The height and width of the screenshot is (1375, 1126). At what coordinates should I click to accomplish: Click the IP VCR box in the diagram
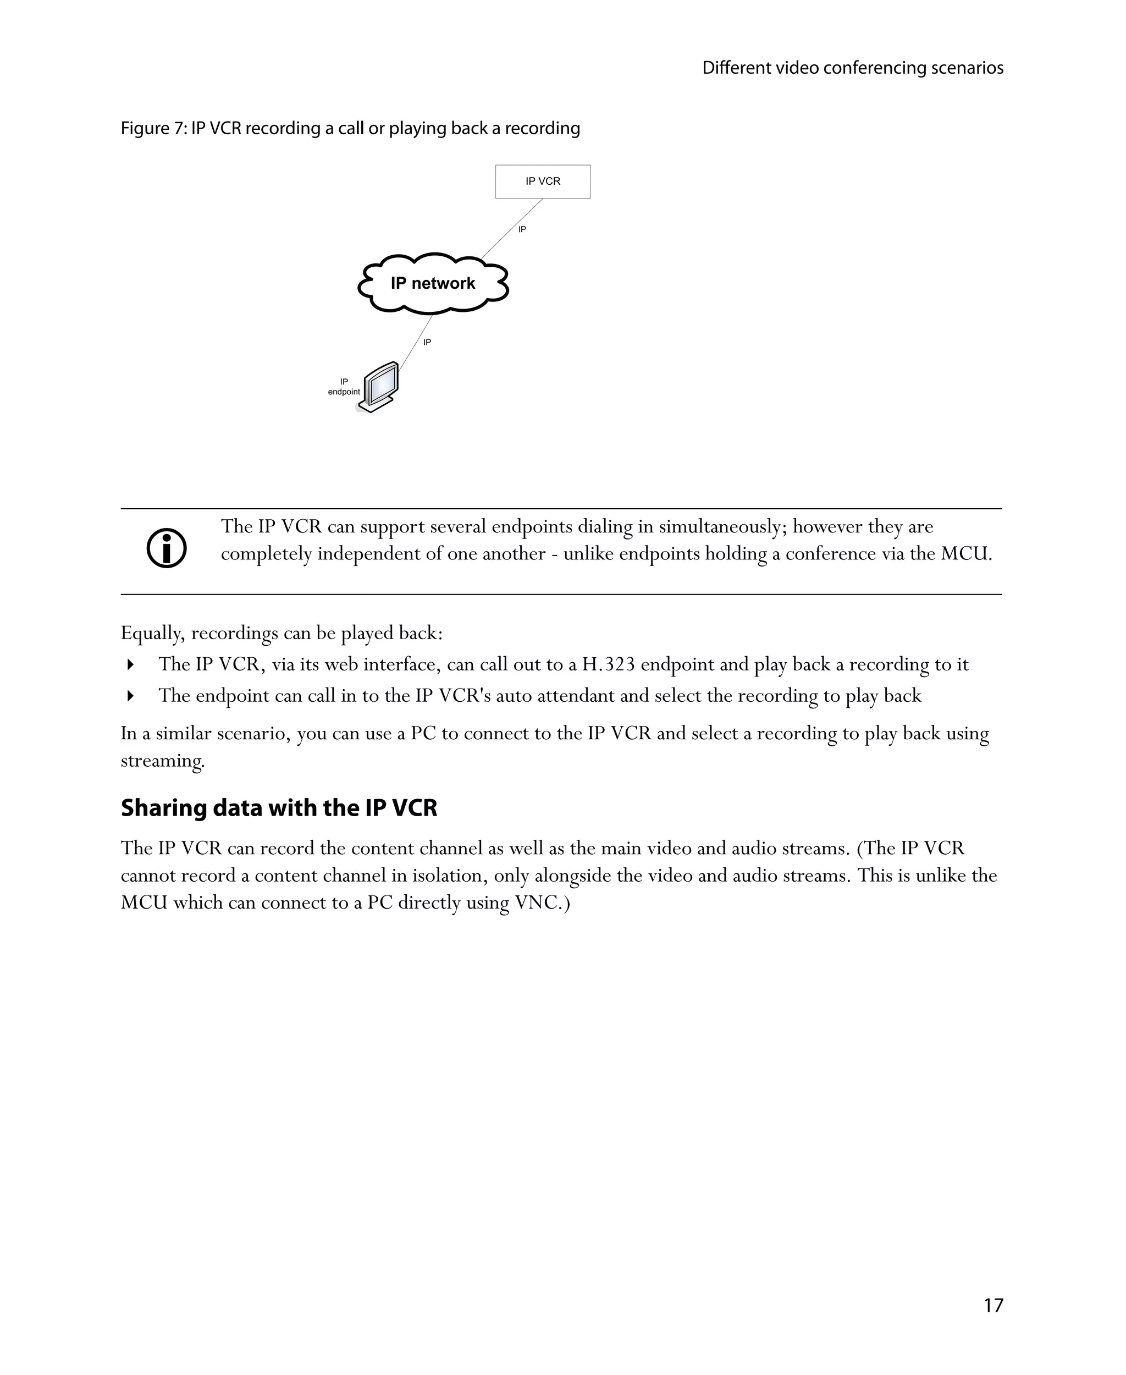pyautogui.click(x=542, y=182)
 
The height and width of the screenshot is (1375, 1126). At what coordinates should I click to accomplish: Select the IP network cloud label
pyautogui.click(x=433, y=284)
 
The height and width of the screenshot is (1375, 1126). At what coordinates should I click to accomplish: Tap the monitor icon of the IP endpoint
pyautogui.click(x=380, y=387)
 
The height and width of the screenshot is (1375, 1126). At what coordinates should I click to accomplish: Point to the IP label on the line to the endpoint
pyautogui.click(x=427, y=342)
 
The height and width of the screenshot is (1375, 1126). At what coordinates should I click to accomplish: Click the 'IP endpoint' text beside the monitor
pyautogui.click(x=344, y=387)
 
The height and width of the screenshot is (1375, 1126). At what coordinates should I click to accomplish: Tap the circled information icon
pyautogui.click(x=167, y=548)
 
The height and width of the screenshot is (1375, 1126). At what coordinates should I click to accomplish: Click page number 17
pyautogui.click(x=993, y=1305)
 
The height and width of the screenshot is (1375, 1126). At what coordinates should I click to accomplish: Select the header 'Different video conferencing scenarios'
pyautogui.click(x=852, y=68)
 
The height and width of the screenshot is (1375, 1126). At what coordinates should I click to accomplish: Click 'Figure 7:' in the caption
pyautogui.click(x=154, y=129)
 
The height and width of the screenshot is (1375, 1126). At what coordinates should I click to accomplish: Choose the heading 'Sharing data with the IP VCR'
pyautogui.click(x=279, y=808)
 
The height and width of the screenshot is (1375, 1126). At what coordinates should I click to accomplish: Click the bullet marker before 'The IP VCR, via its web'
pyautogui.click(x=130, y=664)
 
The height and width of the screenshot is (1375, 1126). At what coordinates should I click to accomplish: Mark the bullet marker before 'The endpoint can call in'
pyautogui.click(x=130, y=696)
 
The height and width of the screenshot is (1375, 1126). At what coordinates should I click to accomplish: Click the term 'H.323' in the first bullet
pyautogui.click(x=608, y=664)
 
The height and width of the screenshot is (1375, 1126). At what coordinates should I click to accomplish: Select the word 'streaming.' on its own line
pyautogui.click(x=163, y=761)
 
